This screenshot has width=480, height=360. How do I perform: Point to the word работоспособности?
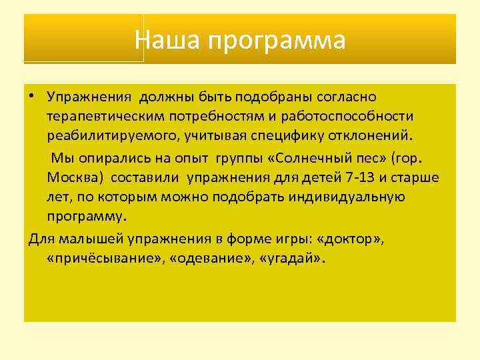pyautogui.click(x=357, y=116)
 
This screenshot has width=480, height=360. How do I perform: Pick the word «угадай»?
pyautogui.click(x=280, y=258)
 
